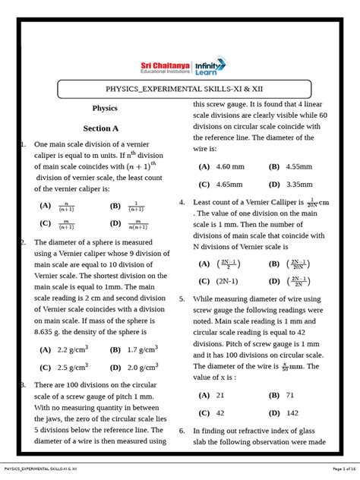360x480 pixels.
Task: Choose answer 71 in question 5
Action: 292,395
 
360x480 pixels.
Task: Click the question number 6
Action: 182,431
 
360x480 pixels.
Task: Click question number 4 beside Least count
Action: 182,203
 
